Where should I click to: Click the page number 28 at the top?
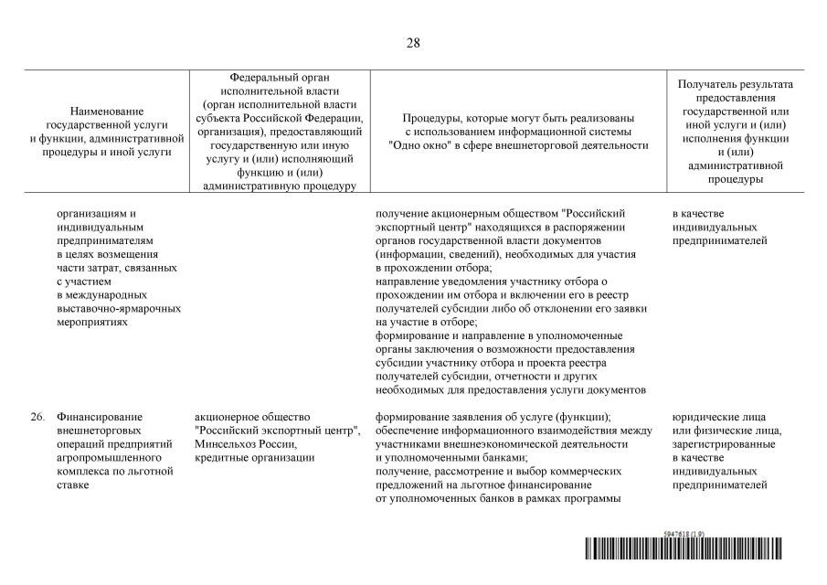click(x=413, y=43)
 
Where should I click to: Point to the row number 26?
click(x=37, y=417)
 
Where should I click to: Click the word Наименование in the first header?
click(x=107, y=110)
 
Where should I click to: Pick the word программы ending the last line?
click(x=592, y=498)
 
